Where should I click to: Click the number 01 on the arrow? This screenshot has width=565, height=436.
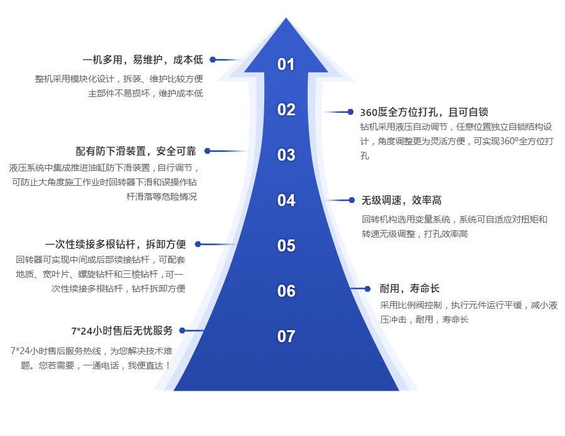click(x=286, y=64)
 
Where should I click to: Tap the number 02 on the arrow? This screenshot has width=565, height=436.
click(x=286, y=110)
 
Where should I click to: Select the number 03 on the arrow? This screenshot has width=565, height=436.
click(x=286, y=155)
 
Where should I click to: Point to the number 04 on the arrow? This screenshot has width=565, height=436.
click(x=286, y=200)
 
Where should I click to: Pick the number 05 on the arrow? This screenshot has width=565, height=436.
click(x=286, y=246)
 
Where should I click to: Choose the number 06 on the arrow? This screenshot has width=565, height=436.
click(x=286, y=291)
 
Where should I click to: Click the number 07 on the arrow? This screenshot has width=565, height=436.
click(x=286, y=336)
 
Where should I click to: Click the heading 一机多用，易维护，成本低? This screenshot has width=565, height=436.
click(x=143, y=60)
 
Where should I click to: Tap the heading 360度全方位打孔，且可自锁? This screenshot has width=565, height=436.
click(x=424, y=112)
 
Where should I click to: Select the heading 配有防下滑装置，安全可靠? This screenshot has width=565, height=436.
click(x=136, y=151)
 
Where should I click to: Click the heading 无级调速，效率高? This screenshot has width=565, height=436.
click(x=401, y=200)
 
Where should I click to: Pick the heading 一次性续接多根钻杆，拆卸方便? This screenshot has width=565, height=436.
click(x=116, y=244)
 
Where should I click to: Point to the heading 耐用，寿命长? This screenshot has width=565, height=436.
click(x=410, y=289)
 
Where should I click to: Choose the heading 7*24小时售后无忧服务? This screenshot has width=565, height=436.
click(x=122, y=331)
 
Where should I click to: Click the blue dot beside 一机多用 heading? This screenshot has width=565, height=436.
click(x=213, y=60)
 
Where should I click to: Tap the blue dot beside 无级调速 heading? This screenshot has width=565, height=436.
click(x=352, y=200)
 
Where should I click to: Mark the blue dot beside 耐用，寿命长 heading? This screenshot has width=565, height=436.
click(x=368, y=289)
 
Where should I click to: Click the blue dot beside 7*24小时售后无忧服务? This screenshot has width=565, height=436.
click(x=182, y=330)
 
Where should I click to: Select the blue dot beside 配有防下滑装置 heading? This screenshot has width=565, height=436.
click(x=207, y=151)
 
